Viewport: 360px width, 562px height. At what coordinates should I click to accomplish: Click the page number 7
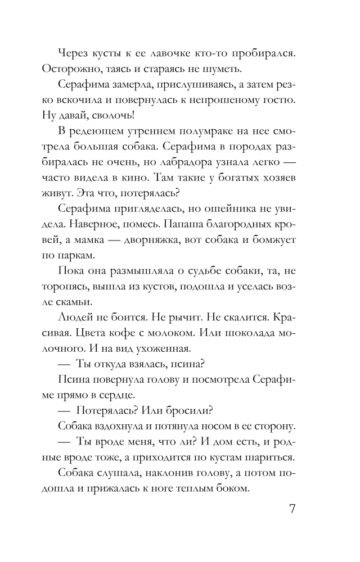coord(292,511)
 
